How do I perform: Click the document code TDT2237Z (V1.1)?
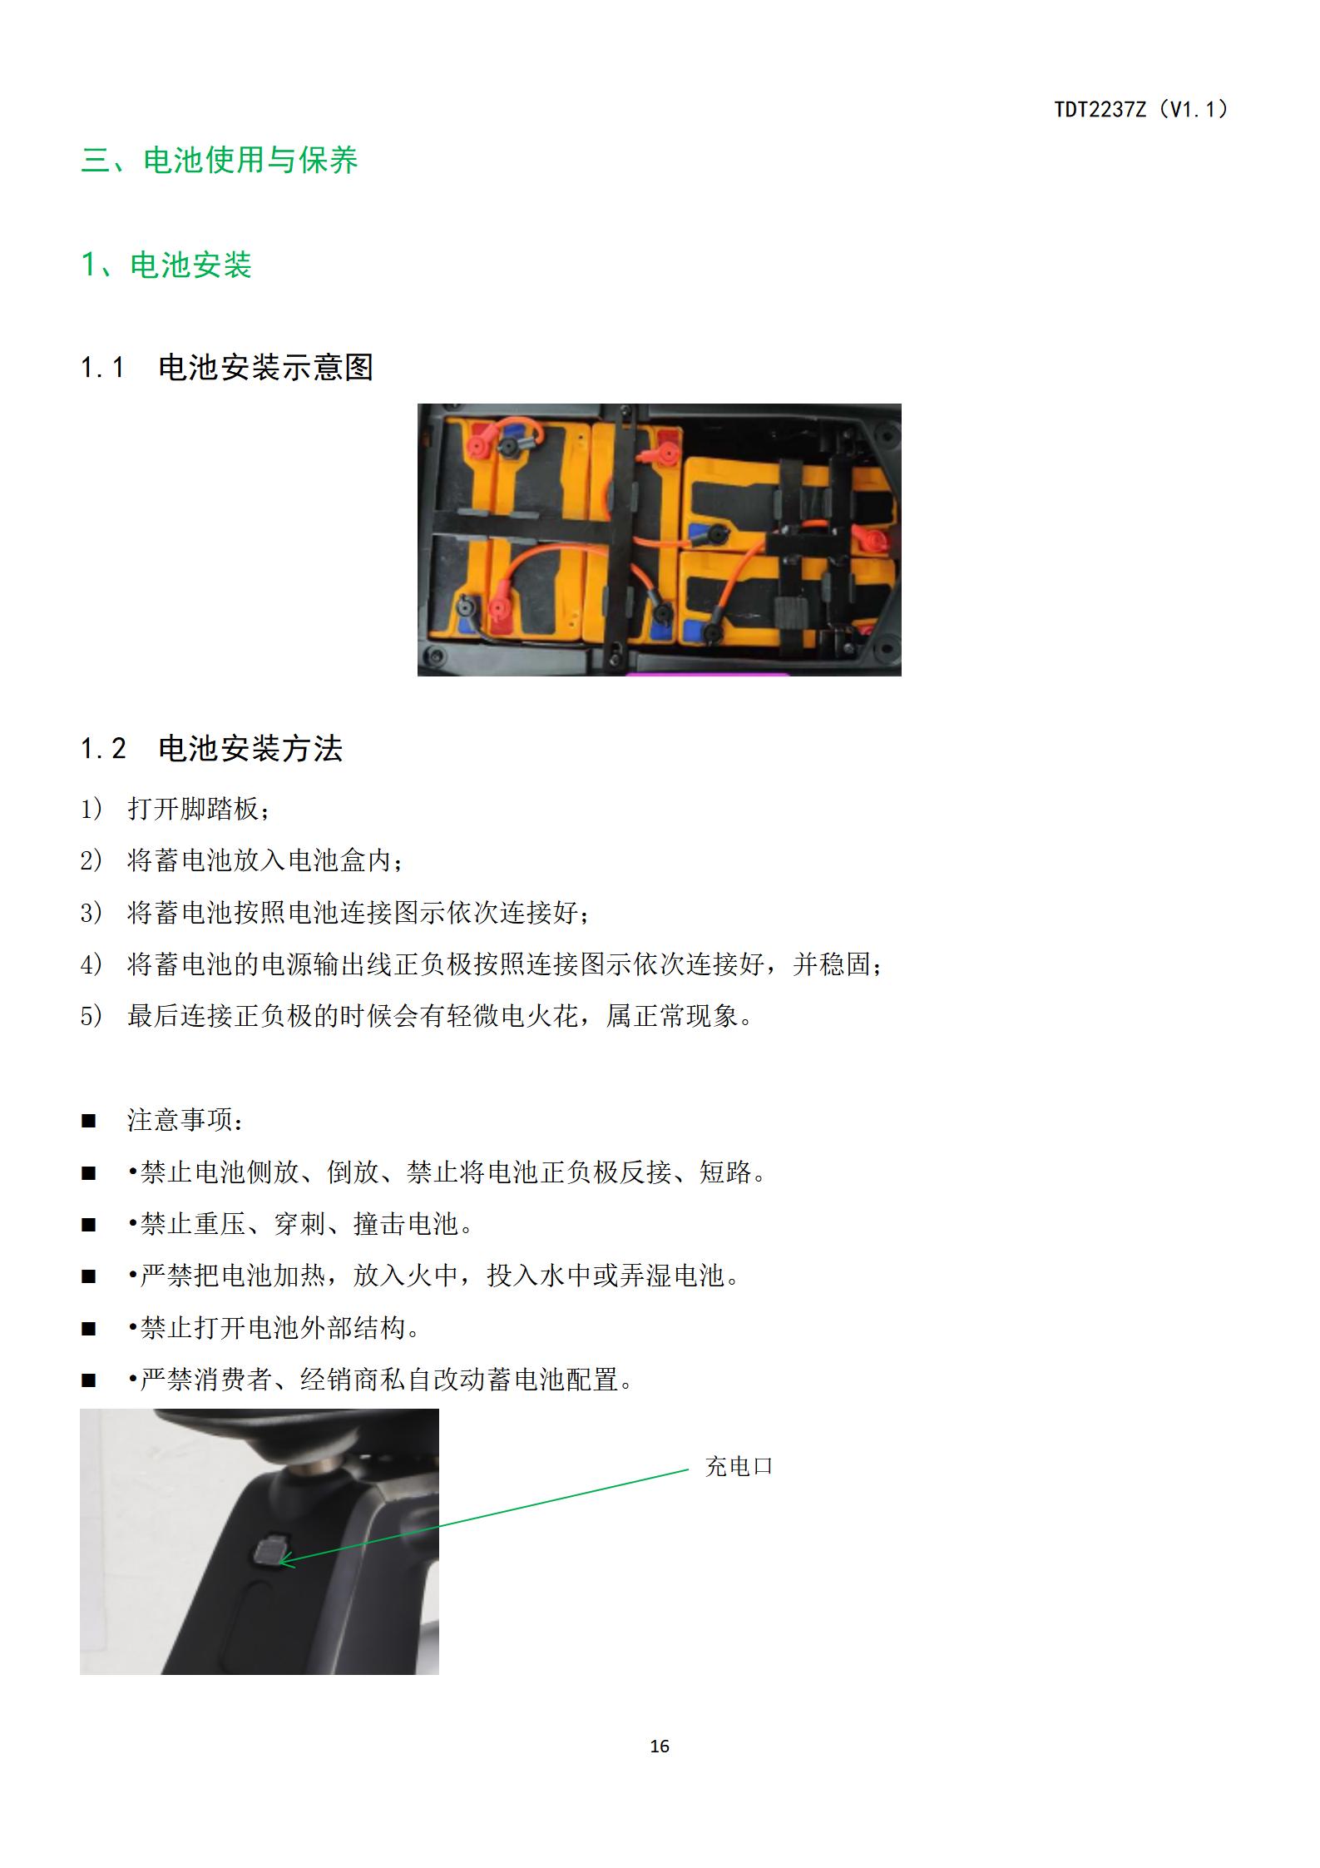(1141, 109)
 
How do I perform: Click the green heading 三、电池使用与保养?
(220, 160)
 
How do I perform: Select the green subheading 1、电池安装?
(166, 265)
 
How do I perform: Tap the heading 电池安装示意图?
(266, 367)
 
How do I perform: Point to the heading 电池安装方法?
(250, 748)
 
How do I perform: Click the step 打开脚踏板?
(193, 809)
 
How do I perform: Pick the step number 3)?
(91, 913)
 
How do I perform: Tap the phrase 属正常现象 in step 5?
(672, 1016)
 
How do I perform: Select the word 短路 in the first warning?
(725, 1172)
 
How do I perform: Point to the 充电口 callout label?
(739, 1467)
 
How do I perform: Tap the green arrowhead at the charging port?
(285, 1562)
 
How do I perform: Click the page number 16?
(660, 1747)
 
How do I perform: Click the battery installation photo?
(660, 540)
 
